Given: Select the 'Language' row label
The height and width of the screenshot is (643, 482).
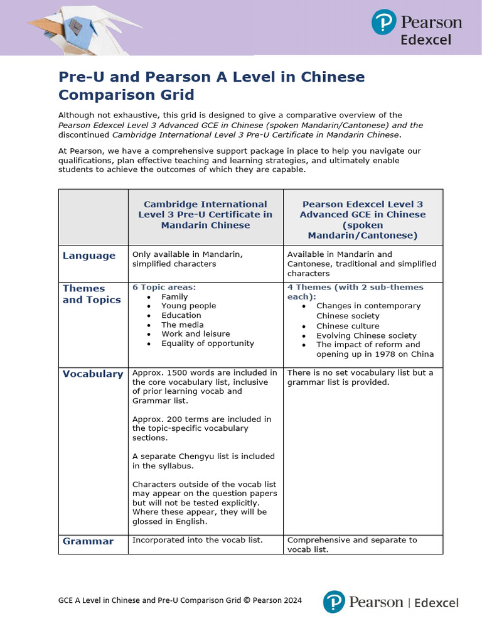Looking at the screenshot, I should (89, 256).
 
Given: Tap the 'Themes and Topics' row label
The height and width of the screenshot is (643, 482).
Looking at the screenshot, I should (92, 294).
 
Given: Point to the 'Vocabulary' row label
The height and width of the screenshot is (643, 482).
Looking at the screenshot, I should (93, 374).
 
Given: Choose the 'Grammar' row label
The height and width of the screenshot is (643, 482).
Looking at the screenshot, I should (88, 541).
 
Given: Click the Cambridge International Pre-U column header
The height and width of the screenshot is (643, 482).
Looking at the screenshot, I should (205, 214).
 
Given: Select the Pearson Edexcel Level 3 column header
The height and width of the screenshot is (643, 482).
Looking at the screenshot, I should (362, 219).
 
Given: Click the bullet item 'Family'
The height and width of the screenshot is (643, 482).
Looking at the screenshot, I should (174, 296).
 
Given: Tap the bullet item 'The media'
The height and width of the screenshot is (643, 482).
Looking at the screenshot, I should (182, 325).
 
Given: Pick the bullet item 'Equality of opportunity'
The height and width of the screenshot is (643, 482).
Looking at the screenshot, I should (208, 343).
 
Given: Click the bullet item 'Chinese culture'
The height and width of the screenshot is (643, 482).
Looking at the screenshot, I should (348, 326).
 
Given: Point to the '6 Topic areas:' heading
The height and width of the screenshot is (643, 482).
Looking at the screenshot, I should (164, 287).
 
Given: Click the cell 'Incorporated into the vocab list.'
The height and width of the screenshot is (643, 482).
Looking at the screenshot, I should (197, 540).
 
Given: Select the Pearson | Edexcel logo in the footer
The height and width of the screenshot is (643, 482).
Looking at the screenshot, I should (390, 602).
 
